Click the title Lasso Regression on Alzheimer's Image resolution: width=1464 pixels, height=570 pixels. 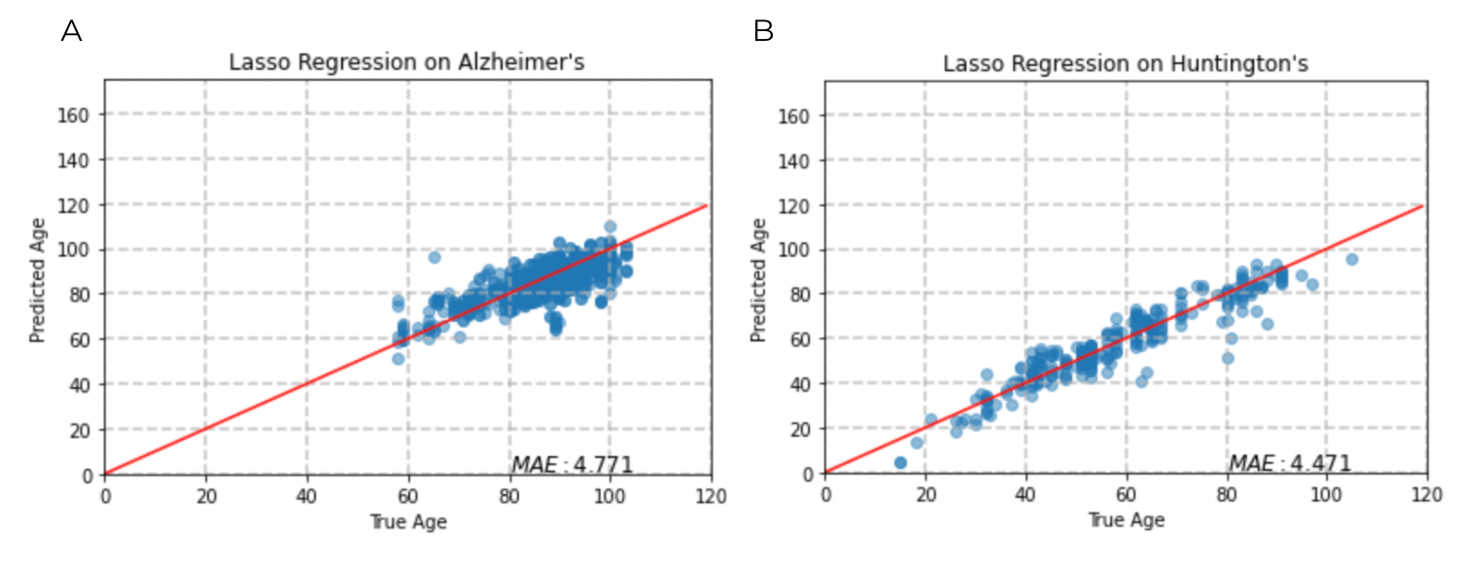(x=406, y=63)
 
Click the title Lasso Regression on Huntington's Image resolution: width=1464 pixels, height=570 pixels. (x=1126, y=64)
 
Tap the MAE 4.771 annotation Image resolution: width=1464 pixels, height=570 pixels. (x=573, y=464)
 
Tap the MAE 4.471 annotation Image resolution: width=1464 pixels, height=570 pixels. (x=1290, y=464)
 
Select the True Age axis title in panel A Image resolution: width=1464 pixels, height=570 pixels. (x=407, y=521)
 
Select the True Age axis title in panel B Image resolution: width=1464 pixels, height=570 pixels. (x=1126, y=521)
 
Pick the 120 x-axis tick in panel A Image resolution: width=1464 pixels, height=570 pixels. (x=711, y=494)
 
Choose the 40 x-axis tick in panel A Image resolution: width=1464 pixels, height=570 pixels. (x=306, y=494)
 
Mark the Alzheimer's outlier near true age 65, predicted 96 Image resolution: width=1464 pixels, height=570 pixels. (x=435, y=258)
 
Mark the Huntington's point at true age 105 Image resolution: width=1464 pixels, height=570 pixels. (x=1351, y=259)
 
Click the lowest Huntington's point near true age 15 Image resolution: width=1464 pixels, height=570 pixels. (x=900, y=463)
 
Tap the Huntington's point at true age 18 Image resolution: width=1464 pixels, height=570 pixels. (x=916, y=443)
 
